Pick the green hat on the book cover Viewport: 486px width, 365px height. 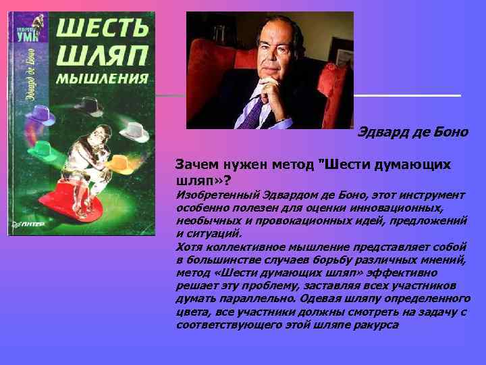(x=45, y=147)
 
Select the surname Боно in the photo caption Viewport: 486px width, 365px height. (x=452, y=132)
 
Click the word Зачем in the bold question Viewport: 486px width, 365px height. (x=195, y=164)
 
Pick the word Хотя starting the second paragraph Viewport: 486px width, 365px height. (x=188, y=247)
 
